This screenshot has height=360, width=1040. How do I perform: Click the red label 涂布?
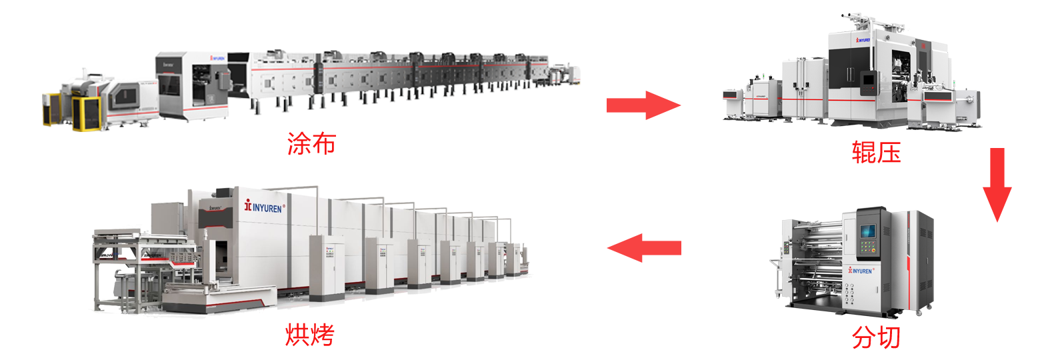311,143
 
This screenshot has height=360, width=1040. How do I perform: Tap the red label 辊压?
876,153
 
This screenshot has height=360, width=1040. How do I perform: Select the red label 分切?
876,337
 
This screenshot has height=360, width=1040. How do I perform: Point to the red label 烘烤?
310,335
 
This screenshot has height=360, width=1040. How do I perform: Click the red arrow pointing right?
643,105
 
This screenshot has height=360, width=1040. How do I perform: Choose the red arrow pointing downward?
997,185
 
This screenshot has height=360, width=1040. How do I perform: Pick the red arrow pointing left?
644,248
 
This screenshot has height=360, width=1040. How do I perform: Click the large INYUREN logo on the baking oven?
265,207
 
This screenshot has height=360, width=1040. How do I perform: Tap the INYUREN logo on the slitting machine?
861,271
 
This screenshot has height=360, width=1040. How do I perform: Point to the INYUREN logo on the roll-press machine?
863,41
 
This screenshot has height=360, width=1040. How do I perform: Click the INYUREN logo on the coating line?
217,58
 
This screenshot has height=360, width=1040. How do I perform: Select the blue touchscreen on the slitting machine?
867,231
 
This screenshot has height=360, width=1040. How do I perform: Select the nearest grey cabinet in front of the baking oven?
327,268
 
